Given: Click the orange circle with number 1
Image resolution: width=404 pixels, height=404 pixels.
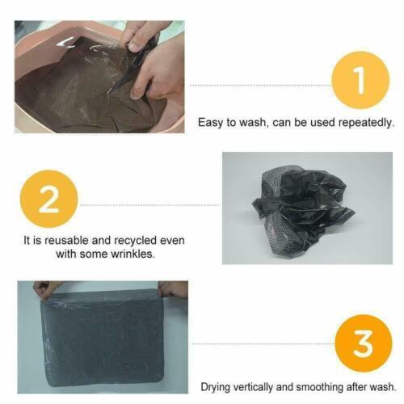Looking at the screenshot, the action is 360,80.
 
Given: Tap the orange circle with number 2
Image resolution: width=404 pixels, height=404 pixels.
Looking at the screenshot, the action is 48,199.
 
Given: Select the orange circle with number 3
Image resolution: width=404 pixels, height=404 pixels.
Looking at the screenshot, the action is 364,343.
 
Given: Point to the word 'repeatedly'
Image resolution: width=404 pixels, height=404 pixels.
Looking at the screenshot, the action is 366,123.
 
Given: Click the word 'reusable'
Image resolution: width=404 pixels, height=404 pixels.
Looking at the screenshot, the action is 66,240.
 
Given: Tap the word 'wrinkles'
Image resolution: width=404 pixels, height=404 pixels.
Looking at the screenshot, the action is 133,254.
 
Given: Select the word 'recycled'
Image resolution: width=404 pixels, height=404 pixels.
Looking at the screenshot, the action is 135,241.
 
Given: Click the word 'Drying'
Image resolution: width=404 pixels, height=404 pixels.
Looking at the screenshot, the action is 216,387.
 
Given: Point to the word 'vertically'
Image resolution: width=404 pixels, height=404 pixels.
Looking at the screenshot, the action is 253,387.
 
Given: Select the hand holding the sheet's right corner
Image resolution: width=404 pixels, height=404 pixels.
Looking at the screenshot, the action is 172,289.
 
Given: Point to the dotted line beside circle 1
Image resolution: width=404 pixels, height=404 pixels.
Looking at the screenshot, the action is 261,86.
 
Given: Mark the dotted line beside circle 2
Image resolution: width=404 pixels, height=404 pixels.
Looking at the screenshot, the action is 149,205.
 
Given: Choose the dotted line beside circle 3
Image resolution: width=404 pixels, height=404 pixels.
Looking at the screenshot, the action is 263,344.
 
